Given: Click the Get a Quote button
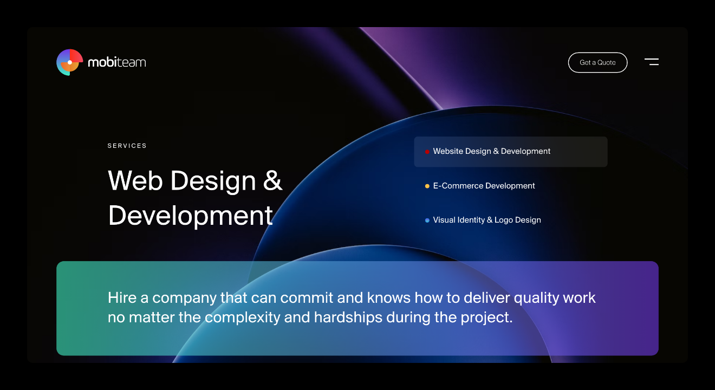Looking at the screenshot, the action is (597, 62).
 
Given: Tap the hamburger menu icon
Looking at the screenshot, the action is (652, 62).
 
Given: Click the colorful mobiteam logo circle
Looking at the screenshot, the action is (69, 62).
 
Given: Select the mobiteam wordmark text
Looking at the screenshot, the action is (117, 62).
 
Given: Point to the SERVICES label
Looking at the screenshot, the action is (127, 146).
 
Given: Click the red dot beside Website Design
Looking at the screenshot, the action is (427, 152).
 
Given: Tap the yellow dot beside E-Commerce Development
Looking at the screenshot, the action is (427, 186).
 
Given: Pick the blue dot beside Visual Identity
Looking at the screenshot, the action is (427, 220).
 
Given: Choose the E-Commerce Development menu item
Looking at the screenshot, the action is (484, 186).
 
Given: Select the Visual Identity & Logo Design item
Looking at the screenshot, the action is (487, 220).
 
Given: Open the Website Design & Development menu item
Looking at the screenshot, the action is (511, 152).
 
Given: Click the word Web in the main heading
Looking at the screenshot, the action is (135, 180).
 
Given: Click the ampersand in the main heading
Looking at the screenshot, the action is (272, 180).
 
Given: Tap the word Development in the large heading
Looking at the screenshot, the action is (191, 216).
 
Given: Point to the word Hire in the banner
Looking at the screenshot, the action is (122, 297).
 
